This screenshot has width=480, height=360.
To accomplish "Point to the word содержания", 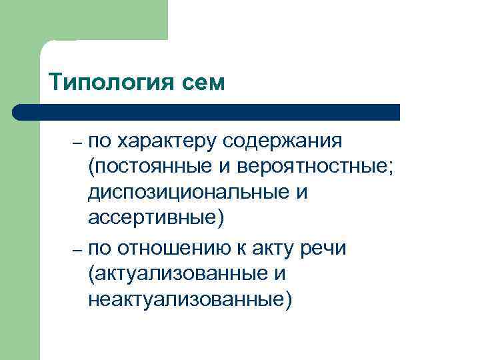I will tap(293, 141).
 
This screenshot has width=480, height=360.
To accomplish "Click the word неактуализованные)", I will tap(189, 298).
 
